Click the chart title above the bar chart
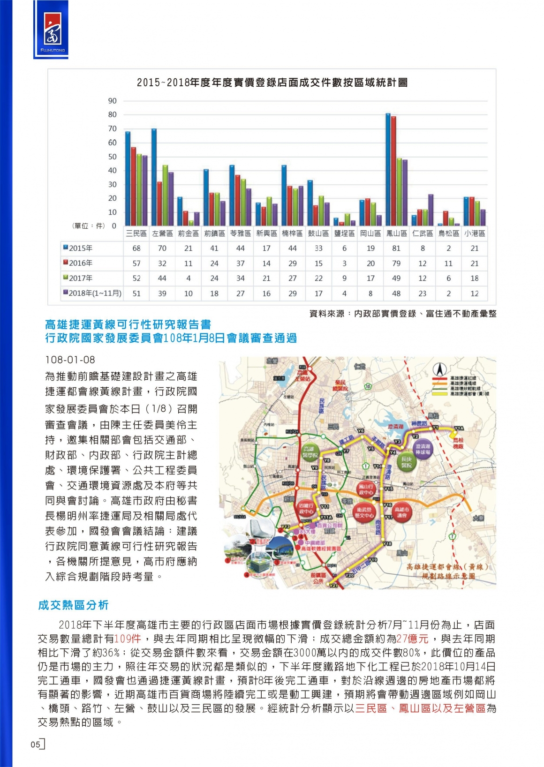click(272, 83)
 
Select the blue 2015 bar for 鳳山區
click(388, 170)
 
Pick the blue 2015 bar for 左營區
click(154, 177)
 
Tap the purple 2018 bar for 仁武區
click(431, 210)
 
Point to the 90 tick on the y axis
click(113, 101)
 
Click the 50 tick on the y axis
click(113, 157)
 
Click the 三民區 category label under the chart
click(136, 233)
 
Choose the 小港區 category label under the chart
click(475, 233)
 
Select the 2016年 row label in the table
click(80, 263)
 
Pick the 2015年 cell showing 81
click(396, 248)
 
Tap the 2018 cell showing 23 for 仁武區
click(423, 293)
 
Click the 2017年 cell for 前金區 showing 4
click(188, 278)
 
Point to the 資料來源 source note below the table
click(402, 314)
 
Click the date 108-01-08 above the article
click(70, 360)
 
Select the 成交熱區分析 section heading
click(73, 605)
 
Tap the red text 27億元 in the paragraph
click(413, 639)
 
